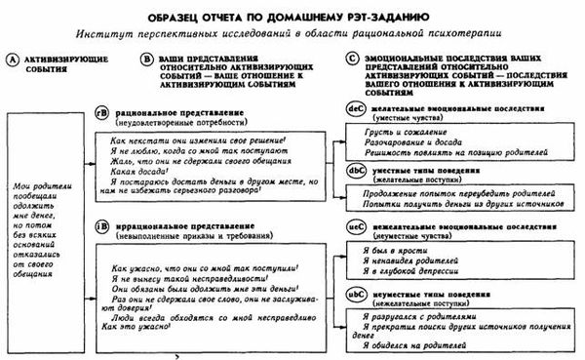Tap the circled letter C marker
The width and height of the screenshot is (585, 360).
353,59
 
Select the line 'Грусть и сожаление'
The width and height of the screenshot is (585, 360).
399,130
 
